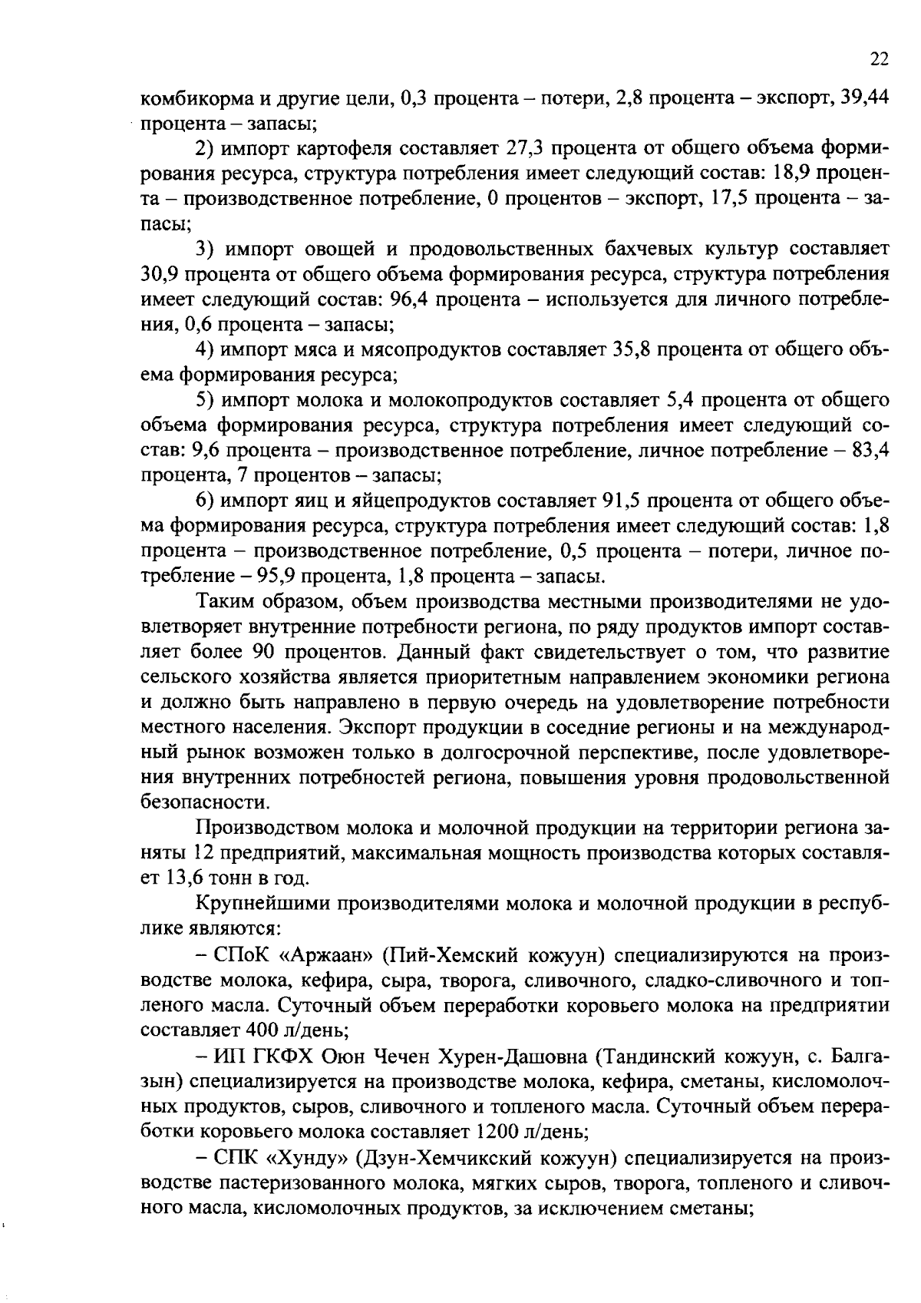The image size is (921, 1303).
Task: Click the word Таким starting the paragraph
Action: point(225,602)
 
